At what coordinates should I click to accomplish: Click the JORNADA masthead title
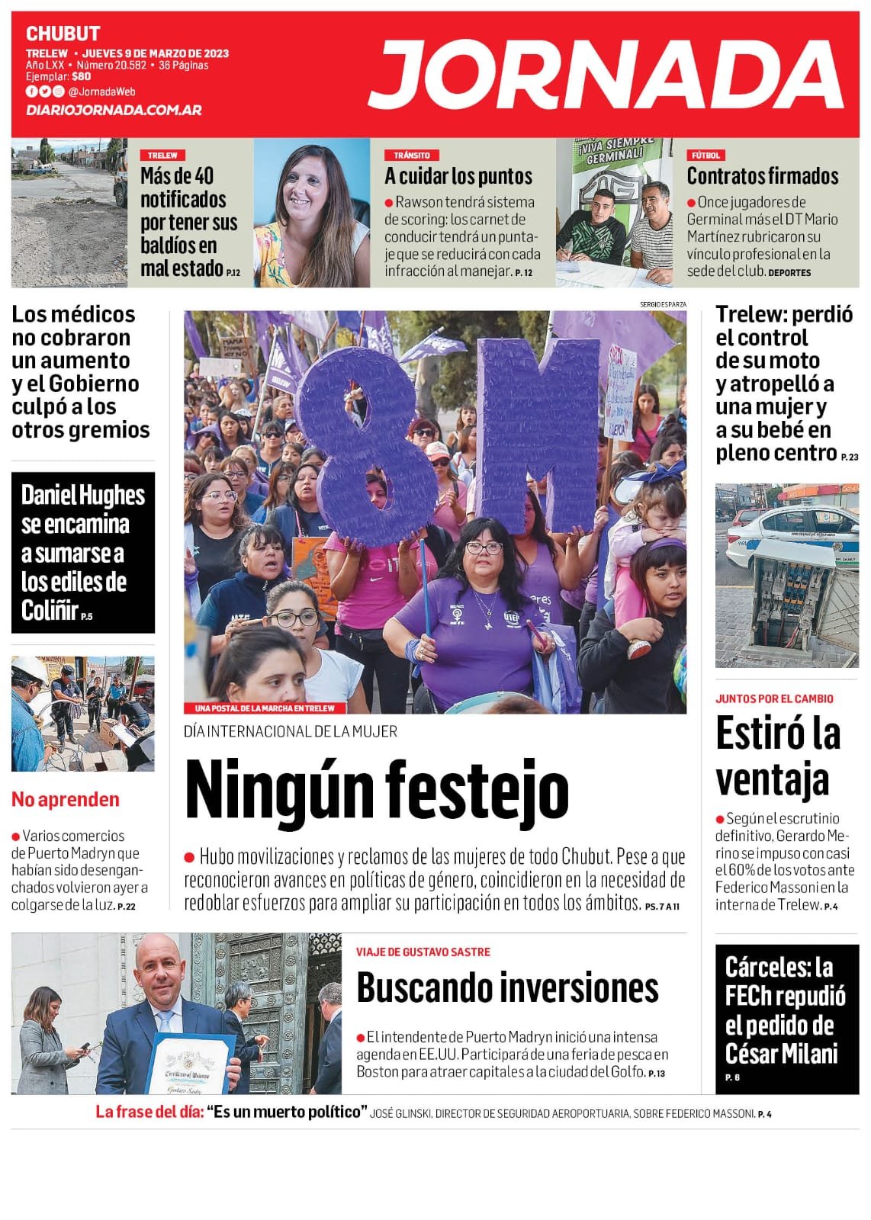606,75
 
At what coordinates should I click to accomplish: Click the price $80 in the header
82,76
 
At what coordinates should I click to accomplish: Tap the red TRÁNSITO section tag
412,155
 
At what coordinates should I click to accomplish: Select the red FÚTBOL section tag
705,155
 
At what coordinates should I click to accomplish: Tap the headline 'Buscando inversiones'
507,988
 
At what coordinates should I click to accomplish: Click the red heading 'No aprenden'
66,799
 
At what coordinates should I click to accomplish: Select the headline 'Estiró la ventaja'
778,756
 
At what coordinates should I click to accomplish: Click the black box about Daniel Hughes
83,552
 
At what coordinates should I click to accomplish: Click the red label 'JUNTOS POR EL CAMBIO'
774,698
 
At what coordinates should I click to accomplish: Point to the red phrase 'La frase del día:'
149,1112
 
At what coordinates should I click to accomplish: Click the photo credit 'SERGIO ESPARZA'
663,304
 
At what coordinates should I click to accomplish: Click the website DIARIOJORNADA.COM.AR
114,110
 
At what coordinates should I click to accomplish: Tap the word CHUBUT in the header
63,34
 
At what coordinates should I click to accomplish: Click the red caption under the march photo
265,708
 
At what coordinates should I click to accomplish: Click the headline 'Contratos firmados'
763,176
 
